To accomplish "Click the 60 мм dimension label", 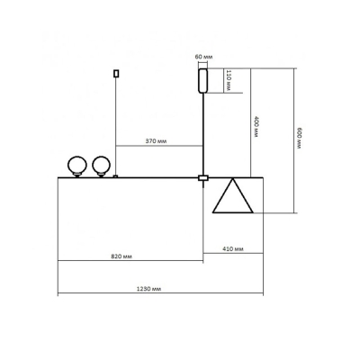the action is (203, 57).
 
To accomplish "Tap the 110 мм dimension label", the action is (229, 80).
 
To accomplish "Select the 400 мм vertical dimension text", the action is (256, 127).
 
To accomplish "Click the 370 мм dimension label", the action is (156, 141).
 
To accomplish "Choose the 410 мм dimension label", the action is (233, 248).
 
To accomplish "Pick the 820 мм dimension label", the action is (121, 256).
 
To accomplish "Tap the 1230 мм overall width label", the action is (149, 289).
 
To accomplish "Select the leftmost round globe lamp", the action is (77, 166).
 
